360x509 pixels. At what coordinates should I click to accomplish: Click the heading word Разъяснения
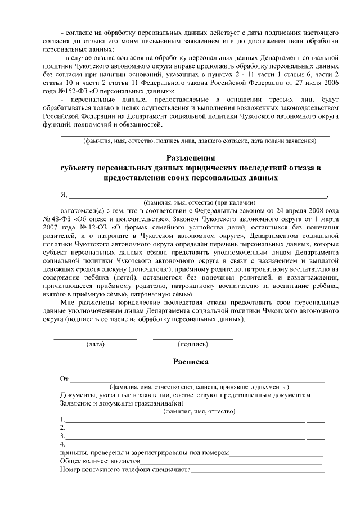tap(191, 158)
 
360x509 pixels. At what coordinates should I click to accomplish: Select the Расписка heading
tap(191, 362)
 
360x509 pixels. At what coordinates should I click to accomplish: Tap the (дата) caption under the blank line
tap(96, 344)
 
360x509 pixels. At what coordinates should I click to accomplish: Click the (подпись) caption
tap(192, 344)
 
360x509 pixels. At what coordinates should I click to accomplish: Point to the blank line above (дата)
tap(96, 339)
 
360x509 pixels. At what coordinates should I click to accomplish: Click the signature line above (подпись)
tap(192, 339)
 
